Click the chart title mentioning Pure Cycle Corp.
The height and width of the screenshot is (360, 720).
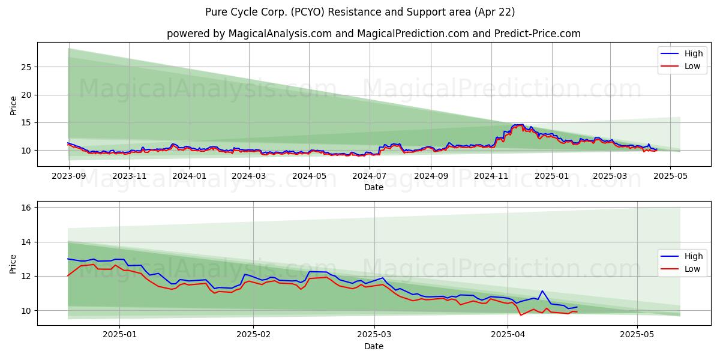click(x=360, y=12)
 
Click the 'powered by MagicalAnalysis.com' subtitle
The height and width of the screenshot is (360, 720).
click(x=373, y=34)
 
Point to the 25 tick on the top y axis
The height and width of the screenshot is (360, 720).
click(x=26, y=67)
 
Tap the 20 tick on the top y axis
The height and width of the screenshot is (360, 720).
click(x=26, y=95)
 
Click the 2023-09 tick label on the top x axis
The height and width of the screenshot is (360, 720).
click(x=68, y=176)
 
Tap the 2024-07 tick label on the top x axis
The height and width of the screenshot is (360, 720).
click(x=370, y=176)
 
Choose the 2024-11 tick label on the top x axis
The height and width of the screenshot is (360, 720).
click(x=491, y=176)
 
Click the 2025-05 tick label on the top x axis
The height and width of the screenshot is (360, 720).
click(x=670, y=176)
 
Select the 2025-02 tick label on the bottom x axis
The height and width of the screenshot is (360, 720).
click(x=253, y=334)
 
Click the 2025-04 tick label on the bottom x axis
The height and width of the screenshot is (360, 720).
click(x=508, y=334)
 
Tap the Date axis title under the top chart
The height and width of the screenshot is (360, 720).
click(x=373, y=187)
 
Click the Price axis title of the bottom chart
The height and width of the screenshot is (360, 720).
click(x=13, y=263)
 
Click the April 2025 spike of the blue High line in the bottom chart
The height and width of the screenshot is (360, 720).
click(x=542, y=291)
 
